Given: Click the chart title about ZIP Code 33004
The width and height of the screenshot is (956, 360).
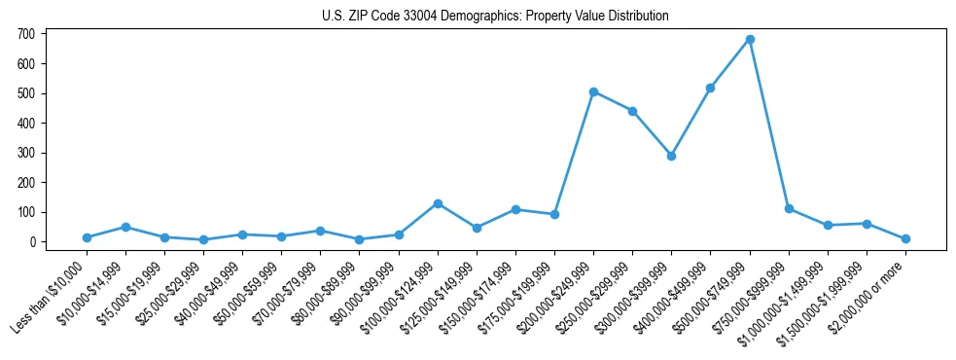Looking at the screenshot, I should (495, 17).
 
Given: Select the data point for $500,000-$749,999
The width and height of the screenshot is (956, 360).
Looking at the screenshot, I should (750, 40).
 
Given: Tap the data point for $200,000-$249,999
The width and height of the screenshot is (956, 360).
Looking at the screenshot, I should (593, 91).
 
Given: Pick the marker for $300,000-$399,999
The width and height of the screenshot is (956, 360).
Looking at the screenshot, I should (671, 156).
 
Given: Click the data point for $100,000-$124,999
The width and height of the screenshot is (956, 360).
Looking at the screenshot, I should (438, 203).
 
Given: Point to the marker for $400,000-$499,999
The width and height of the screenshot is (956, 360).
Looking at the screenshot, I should (711, 88).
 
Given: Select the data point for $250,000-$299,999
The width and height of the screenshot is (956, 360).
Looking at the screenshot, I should (632, 111).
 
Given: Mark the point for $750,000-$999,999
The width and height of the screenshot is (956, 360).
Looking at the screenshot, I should (789, 209).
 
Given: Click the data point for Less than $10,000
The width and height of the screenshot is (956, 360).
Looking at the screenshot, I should (87, 237).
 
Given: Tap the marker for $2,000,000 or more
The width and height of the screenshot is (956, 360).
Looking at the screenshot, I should (905, 238).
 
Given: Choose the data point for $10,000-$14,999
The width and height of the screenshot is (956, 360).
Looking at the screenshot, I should (125, 227).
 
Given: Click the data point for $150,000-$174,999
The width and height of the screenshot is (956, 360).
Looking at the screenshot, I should (515, 209).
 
